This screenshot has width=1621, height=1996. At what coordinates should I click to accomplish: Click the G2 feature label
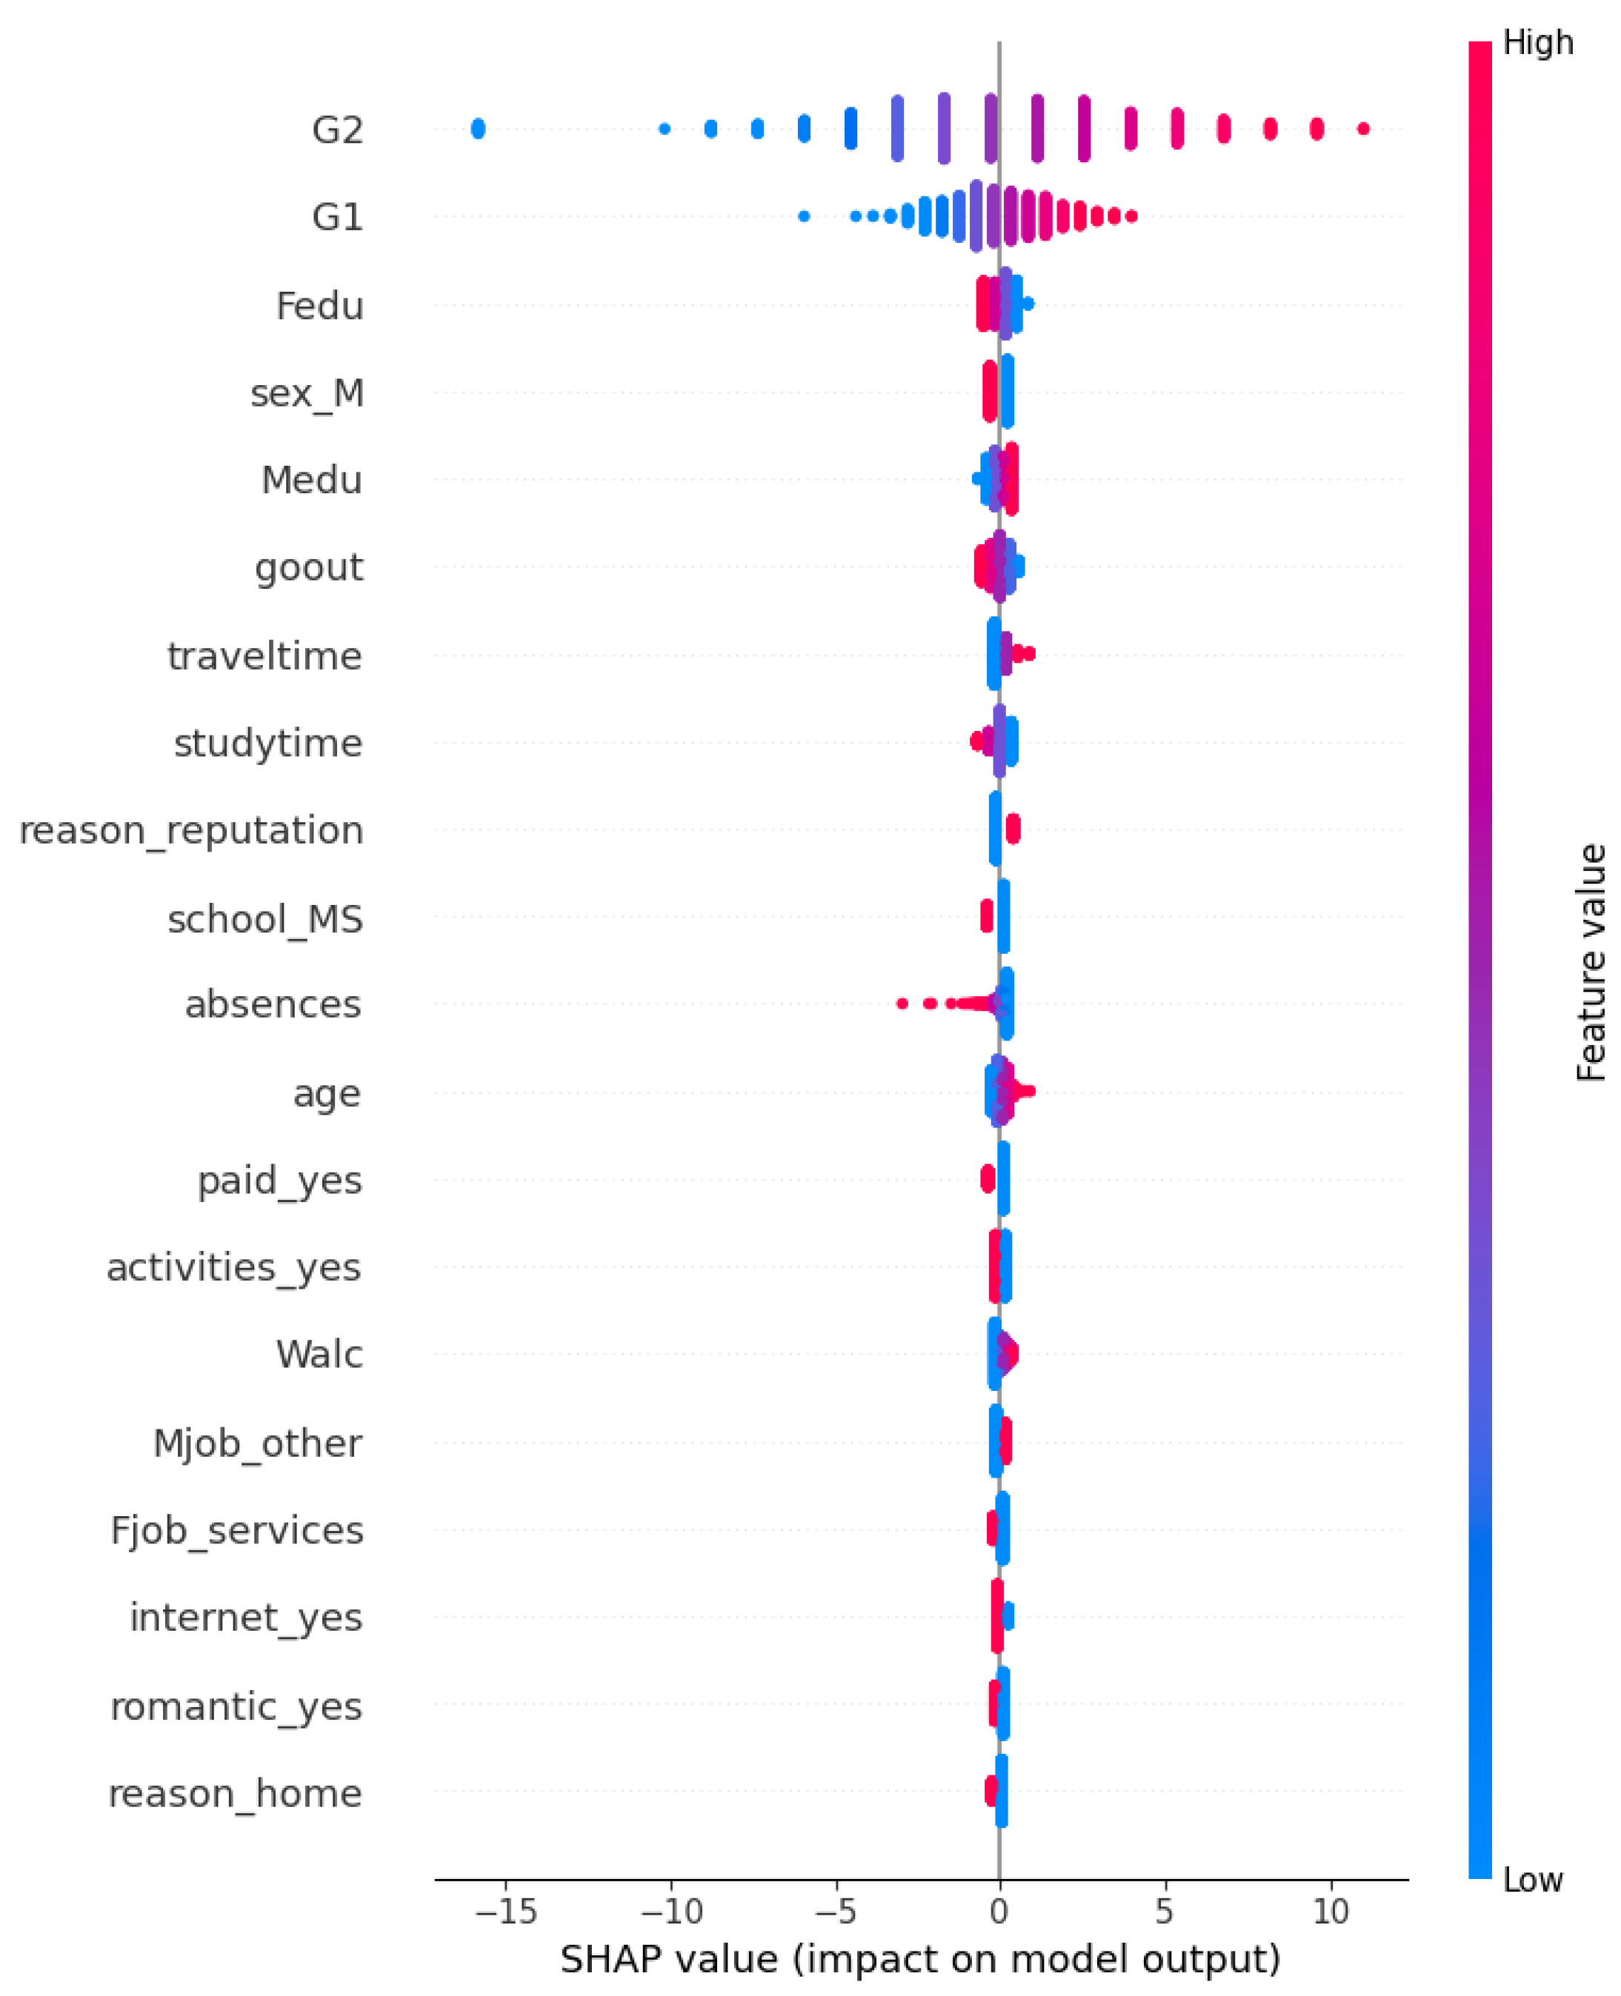(337, 130)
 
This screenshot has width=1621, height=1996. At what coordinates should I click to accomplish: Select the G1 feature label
(337, 218)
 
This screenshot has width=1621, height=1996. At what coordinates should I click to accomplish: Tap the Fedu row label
(319, 305)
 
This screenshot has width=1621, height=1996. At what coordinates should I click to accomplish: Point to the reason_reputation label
(191, 831)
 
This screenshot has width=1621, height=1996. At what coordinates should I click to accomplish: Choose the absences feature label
(273, 1004)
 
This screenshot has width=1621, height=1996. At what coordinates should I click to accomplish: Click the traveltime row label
(264, 655)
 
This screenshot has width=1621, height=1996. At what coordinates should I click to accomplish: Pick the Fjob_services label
(237, 1531)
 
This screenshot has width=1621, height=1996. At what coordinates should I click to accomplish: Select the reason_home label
(236, 1793)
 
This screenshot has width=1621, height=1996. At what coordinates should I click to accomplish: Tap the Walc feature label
(319, 1355)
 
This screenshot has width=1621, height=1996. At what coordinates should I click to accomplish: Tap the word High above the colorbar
(1538, 43)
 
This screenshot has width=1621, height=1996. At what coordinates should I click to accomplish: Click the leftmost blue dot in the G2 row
(478, 129)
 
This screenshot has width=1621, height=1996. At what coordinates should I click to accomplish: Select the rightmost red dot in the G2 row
(1363, 129)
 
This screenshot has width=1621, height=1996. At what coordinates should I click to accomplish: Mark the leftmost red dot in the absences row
(902, 1004)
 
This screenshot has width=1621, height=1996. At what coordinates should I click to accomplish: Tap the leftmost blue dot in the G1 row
(804, 216)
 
